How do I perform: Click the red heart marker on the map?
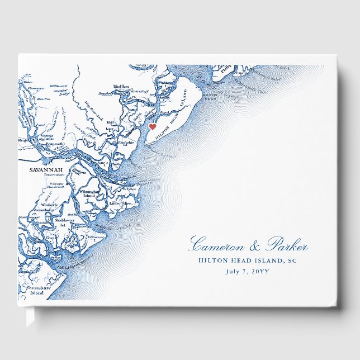point(153,127)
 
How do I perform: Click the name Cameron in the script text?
point(215,244)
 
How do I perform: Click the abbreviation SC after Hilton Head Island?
point(293,260)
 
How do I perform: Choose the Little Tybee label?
point(118,205)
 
